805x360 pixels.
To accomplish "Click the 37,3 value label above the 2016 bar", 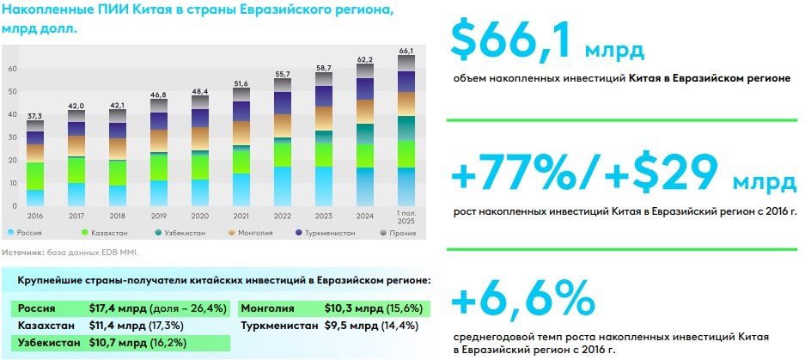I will [x=35, y=114].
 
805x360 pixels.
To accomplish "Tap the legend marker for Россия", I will [x=9, y=233].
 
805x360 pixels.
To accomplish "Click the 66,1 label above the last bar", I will [x=406, y=51].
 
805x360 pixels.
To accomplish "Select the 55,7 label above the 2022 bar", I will [x=283, y=74].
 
